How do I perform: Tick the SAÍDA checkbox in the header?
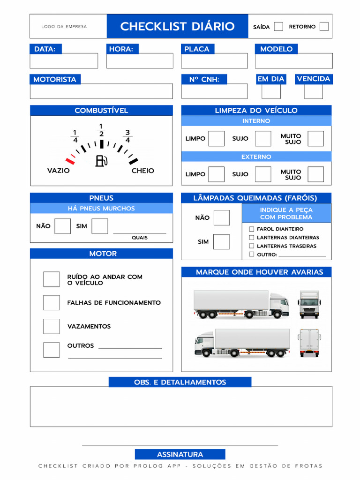(278, 26)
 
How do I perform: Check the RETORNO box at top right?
(324, 26)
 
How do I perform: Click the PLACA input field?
(215, 61)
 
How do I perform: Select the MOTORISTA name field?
(101, 91)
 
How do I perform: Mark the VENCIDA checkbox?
(313, 91)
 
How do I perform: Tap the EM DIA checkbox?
(271, 91)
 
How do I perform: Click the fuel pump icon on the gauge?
(101, 161)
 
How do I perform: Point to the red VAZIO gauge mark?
(70, 160)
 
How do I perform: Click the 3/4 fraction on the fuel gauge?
(127, 136)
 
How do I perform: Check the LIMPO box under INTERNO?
(216, 139)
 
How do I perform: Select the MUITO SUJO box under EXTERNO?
(315, 174)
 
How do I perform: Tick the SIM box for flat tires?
(99, 226)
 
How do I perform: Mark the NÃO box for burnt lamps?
(222, 217)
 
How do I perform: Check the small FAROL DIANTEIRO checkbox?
(252, 229)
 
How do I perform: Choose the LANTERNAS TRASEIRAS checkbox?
(252, 246)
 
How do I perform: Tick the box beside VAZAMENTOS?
(52, 326)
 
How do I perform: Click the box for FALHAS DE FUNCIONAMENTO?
(52, 303)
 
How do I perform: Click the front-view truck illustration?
(309, 304)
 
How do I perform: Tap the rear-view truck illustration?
(309, 343)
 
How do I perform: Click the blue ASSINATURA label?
(180, 454)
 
